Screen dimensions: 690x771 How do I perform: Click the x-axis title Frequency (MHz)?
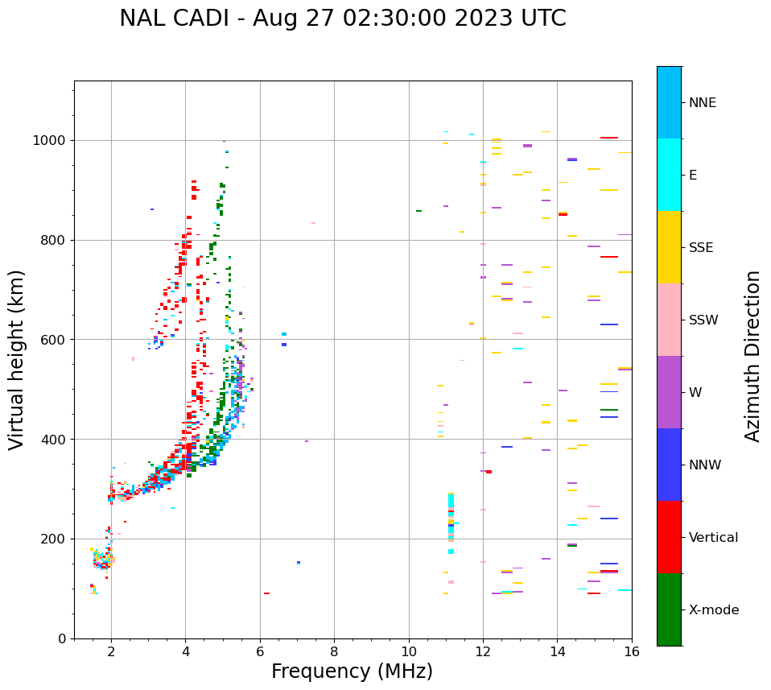(x=352, y=671)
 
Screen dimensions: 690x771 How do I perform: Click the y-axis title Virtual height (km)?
(x=17, y=359)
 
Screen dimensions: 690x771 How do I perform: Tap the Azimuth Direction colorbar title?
(x=752, y=355)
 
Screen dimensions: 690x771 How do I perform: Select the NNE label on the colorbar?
(x=702, y=103)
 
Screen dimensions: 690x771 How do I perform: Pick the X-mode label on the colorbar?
(x=713, y=610)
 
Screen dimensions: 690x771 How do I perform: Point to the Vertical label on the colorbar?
(x=713, y=538)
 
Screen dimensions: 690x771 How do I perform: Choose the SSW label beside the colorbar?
(x=703, y=320)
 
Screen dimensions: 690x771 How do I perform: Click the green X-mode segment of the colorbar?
(x=669, y=609)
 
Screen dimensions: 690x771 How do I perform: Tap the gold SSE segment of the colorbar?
(x=669, y=247)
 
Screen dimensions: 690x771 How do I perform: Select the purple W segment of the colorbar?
(x=669, y=392)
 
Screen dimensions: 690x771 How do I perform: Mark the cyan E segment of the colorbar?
(x=669, y=175)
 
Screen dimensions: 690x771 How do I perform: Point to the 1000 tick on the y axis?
(x=54, y=140)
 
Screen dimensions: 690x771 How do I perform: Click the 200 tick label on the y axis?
(x=58, y=539)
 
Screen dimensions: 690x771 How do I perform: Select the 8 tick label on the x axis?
(x=334, y=651)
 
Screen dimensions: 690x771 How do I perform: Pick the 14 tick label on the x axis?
(x=557, y=651)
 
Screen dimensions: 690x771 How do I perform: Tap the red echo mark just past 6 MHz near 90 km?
(x=266, y=593)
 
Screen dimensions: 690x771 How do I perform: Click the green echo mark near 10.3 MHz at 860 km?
(x=418, y=211)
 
